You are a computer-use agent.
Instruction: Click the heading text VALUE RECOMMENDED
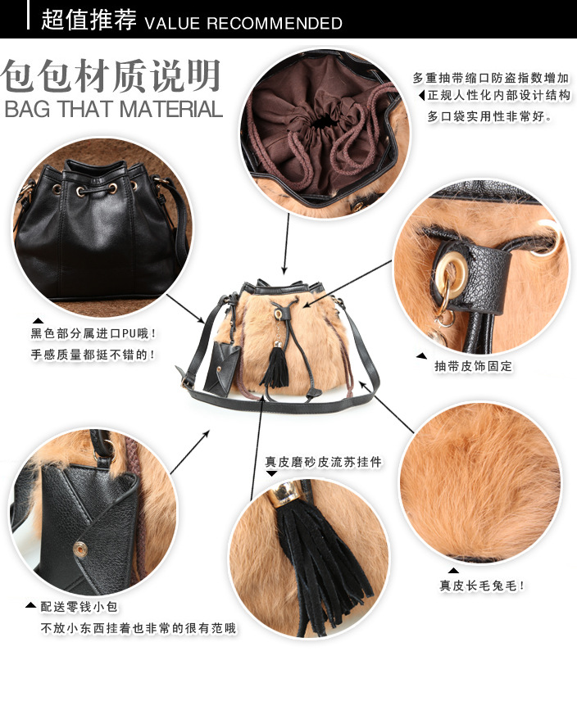[x=243, y=23]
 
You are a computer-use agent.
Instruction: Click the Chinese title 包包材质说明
[x=111, y=75]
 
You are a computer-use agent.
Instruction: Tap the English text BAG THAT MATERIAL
[x=114, y=109]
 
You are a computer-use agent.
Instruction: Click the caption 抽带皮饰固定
[x=473, y=366]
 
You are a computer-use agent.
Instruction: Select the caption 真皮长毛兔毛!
[x=482, y=586]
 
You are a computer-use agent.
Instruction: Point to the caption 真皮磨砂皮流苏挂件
[x=324, y=462]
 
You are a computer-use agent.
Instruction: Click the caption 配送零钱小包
[x=80, y=607]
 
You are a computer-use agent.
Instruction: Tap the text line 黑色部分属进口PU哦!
[x=93, y=333]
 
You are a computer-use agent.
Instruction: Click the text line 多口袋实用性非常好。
[x=490, y=116]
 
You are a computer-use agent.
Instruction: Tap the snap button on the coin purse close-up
[x=80, y=549]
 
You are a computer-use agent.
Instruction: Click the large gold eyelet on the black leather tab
[x=452, y=271]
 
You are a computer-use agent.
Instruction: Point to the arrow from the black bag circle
[x=186, y=309]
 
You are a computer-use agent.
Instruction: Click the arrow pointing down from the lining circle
[x=286, y=244]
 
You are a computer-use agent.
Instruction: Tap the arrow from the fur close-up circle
[x=387, y=407]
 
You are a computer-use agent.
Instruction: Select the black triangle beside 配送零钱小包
[x=30, y=605]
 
